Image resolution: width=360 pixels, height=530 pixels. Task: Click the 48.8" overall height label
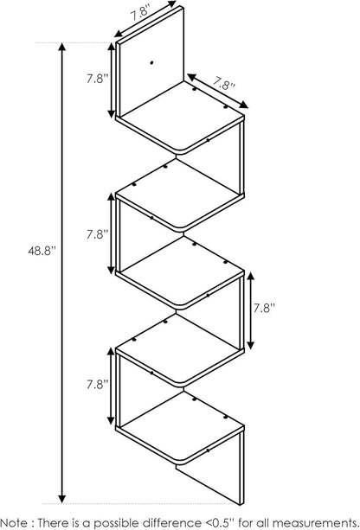pos(42,251)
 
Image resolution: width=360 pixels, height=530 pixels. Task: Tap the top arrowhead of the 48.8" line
pos(62,47)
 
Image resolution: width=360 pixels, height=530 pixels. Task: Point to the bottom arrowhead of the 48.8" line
pos(62,499)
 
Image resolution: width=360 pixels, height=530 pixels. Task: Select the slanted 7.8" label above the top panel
pos(140,13)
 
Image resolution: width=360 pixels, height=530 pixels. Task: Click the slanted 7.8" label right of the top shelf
pos(224,83)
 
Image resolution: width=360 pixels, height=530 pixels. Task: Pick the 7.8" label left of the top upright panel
pos(98,79)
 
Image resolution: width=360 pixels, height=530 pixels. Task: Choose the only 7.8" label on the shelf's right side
pos(265,308)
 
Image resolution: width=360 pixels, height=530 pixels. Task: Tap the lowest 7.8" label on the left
pos(98,385)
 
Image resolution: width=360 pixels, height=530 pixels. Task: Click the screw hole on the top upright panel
pos(151,62)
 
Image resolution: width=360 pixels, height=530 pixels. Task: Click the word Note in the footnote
pos(15,522)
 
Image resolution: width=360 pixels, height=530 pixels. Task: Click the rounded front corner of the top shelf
pos(180,151)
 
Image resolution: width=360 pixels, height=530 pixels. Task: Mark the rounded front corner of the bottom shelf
pos(180,461)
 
